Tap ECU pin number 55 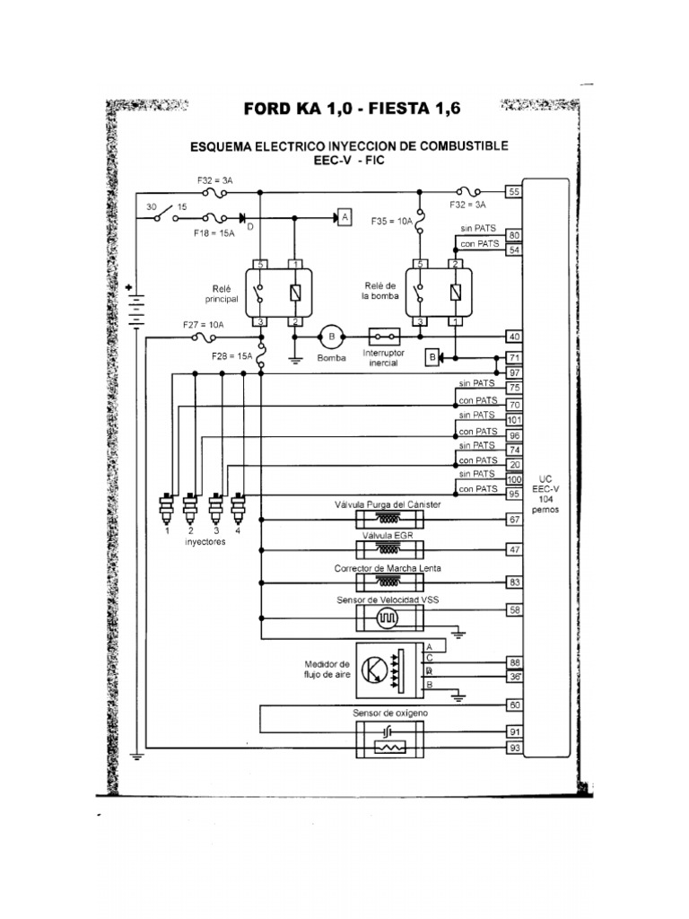(x=514, y=192)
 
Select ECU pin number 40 (x=514, y=337)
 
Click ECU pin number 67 (x=514, y=520)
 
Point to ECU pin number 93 (x=514, y=748)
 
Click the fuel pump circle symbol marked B (x=331, y=337)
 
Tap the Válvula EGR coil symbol (x=388, y=549)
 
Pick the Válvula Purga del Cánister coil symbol (x=388, y=520)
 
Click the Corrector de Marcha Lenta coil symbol (x=388, y=582)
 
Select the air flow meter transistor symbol (x=375, y=670)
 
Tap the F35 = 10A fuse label (x=391, y=219)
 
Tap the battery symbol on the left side (x=135, y=308)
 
